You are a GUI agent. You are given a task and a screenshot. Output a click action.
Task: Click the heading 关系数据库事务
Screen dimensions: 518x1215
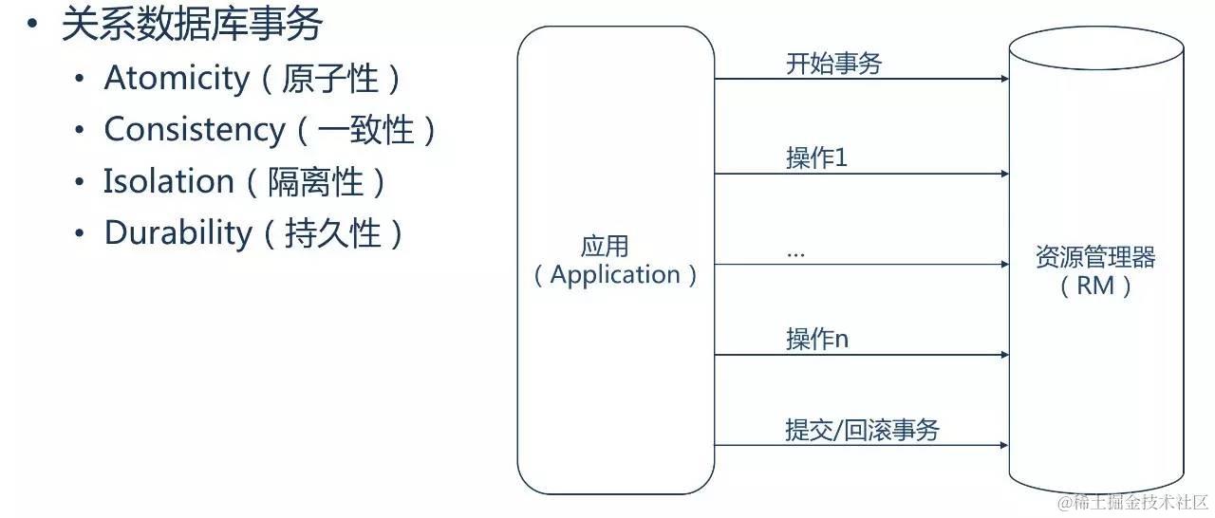(x=192, y=24)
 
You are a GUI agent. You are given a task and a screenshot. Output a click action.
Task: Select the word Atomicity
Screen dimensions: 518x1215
(x=177, y=78)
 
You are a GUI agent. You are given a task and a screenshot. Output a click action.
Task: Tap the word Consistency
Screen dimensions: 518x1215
(x=194, y=129)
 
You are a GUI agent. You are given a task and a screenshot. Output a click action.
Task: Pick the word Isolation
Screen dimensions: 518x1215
(x=169, y=181)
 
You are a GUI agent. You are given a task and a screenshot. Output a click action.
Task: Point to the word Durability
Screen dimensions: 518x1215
(x=178, y=232)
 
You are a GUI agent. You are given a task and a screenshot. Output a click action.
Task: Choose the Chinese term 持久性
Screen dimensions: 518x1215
(x=332, y=232)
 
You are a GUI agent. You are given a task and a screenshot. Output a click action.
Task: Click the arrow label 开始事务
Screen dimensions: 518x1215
(x=833, y=64)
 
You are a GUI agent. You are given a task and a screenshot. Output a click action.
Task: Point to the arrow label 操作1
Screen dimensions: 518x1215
(x=816, y=158)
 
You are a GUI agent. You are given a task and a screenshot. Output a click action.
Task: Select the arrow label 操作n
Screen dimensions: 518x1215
(x=816, y=339)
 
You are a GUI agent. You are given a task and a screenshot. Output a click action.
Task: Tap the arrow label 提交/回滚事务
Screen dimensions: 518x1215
(x=862, y=430)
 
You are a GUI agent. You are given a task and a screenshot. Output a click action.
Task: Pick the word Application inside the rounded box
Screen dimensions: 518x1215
(x=615, y=275)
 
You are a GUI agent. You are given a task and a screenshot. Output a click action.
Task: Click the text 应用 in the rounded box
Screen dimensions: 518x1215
(x=605, y=248)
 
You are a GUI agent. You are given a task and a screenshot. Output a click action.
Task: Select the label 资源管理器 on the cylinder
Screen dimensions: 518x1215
(x=1095, y=256)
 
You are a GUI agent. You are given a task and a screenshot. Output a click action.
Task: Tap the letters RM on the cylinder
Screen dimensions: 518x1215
(x=1095, y=285)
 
